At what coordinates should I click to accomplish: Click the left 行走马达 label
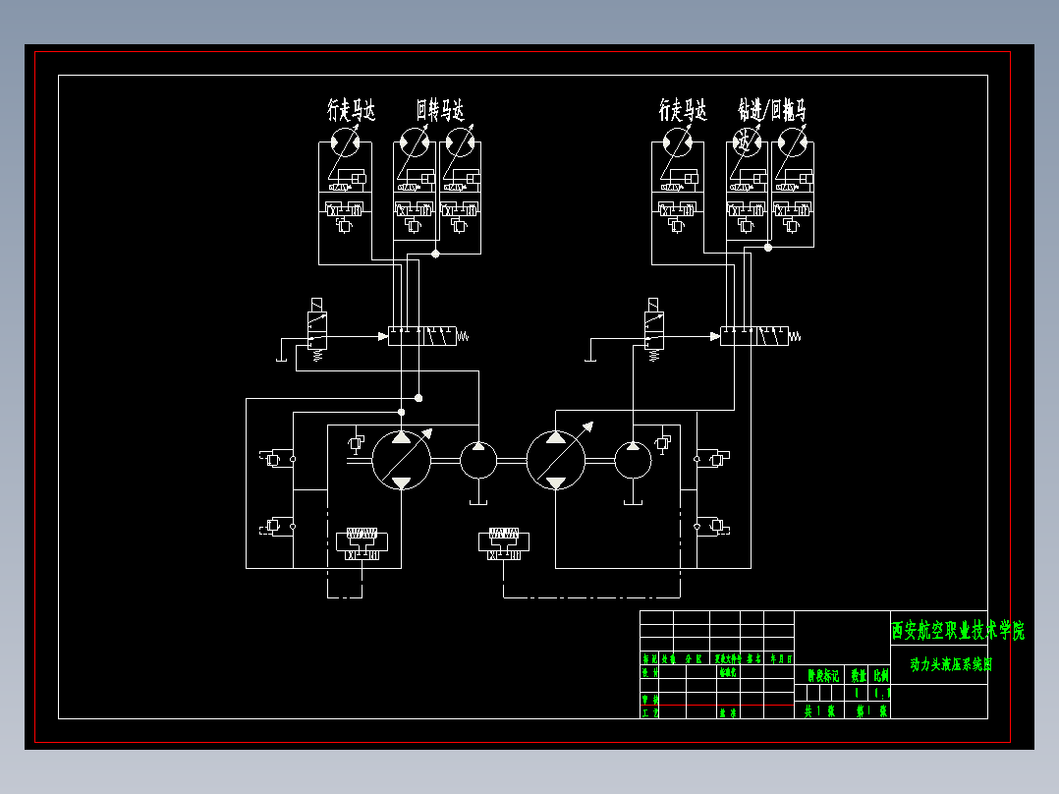(x=351, y=110)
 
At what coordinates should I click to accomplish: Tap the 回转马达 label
(x=439, y=110)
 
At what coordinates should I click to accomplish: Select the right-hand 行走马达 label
(x=683, y=110)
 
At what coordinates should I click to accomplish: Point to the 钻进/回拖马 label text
(x=772, y=110)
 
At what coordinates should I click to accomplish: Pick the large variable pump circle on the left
(x=401, y=460)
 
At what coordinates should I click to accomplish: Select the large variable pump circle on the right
(x=556, y=460)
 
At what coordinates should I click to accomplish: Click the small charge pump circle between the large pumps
(x=478, y=460)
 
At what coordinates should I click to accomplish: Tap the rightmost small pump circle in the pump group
(x=634, y=460)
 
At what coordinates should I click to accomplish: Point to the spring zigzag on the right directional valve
(x=796, y=336)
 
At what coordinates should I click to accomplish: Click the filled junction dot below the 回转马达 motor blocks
(x=435, y=254)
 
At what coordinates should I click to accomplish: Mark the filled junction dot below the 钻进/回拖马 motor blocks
(x=768, y=248)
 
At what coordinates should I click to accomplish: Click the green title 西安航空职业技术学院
(x=958, y=631)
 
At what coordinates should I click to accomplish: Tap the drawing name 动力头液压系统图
(x=950, y=665)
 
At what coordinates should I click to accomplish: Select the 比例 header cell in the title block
(x=880, y=675)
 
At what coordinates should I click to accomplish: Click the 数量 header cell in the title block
(x=858, y=675)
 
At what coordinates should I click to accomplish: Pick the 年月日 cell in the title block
(x=779, y=658)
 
